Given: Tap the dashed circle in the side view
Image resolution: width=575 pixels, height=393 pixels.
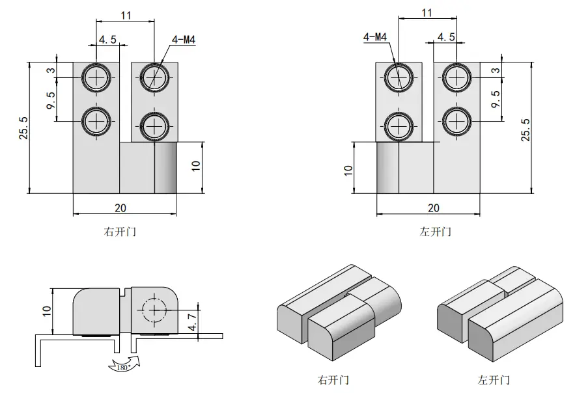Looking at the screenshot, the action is pos(154,310).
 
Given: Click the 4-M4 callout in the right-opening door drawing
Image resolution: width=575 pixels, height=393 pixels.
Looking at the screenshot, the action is pos(184,40).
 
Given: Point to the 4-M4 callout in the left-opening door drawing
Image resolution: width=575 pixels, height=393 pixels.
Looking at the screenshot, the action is pos(375,37).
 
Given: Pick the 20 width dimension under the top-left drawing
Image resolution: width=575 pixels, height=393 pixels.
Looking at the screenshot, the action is pos(120,208).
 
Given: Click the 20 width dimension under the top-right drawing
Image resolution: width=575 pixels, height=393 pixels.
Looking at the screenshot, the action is pos(434,208).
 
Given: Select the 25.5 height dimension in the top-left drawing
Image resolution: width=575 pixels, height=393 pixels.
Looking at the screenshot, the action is pos(24,128).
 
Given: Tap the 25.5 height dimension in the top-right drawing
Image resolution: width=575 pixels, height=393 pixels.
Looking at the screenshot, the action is pos(526,129).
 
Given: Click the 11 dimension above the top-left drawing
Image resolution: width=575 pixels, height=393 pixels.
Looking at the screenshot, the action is pos(126,16).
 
